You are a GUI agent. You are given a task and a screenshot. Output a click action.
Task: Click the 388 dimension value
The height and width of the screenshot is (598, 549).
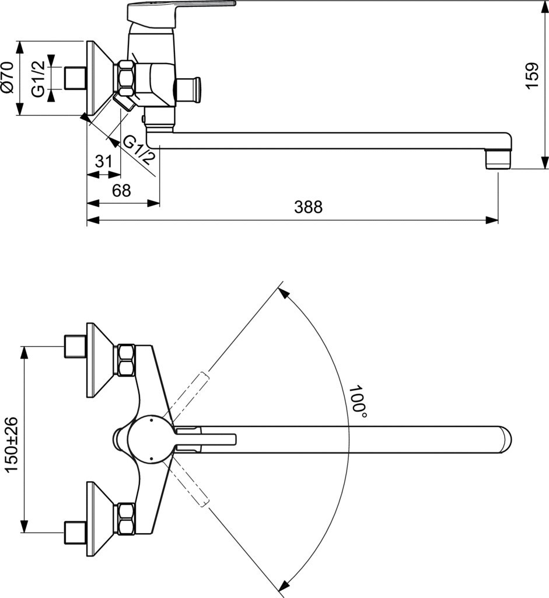(x=308, y=207)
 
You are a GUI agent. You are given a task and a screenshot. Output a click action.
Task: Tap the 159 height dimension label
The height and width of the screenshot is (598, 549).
(x=532, y=76)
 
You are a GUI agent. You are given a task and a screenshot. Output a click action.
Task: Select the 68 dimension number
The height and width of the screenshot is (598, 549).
(x=121, y=190)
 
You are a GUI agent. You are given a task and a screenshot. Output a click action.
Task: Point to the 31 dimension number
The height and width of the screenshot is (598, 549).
(x=104, y=161)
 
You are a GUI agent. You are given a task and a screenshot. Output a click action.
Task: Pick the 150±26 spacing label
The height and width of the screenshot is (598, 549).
(x=12, y=444)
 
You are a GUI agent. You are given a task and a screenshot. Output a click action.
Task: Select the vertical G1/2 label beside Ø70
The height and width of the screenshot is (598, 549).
(x=39, y=79)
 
